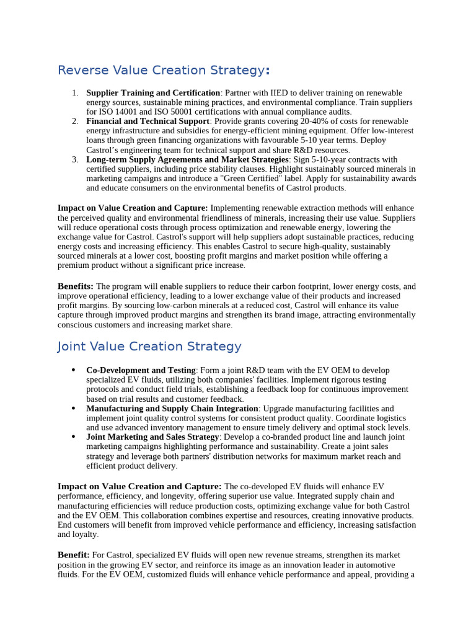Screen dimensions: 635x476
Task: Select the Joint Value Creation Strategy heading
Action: [x=149, y=347]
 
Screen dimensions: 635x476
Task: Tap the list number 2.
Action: [x=75, y=121]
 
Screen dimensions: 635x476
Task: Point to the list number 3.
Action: [x=75, y=159]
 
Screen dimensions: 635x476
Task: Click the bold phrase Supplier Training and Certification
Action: [x=153, y=92]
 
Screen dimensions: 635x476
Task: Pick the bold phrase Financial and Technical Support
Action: [x=148, y=121]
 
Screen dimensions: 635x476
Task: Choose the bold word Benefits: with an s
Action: [x=76, y=286]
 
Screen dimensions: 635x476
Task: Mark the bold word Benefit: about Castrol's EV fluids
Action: [x=74, y=554]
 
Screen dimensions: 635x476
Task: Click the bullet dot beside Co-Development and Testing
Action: [x=74, y=370]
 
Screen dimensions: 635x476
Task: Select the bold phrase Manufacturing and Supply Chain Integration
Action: [x=172, y=409]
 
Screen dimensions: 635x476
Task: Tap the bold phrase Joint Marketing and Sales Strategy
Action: [x=152, y=437]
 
